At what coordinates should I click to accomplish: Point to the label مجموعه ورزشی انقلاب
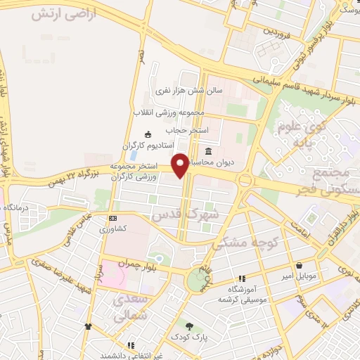[x=169, y=112]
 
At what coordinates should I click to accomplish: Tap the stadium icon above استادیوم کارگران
[x=148, y=135]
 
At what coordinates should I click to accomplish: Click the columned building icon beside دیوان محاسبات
[x=209, y=151]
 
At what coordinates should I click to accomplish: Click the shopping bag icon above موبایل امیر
[x=301, y=266]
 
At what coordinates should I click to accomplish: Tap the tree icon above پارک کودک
[x=189, y=326]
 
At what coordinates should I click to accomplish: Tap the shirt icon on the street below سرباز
[x=88, y=326]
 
